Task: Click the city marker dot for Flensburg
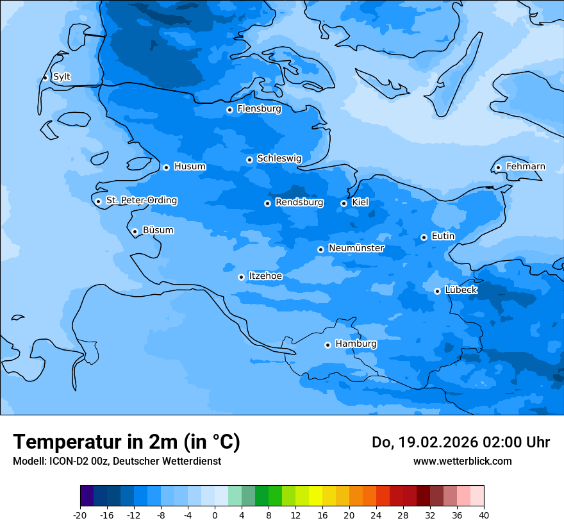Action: tap(229, 110)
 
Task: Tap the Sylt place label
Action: tap(62, 77)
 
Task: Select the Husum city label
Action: tap(190, 167)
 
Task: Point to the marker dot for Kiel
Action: tap(344, 203)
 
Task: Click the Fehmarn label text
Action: tap(526, 167)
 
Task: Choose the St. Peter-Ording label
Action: tap(142, 201)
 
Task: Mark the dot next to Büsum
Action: tap(135, 231)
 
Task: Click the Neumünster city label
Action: tap(356, 248)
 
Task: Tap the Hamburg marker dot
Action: tap(328, 345)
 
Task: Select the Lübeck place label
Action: tap(461, 290)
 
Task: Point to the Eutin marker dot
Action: tap(424, 237)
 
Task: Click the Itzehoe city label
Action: tap(265, 276)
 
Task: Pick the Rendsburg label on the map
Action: tap(299, 203)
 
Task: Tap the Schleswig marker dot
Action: tap(249, 160)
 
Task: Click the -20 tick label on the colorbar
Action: tap(80, 515)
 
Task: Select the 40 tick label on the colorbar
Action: tap(484, 515)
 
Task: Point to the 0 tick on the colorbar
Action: tap(215, 515)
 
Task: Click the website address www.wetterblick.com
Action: tap(462, 461)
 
